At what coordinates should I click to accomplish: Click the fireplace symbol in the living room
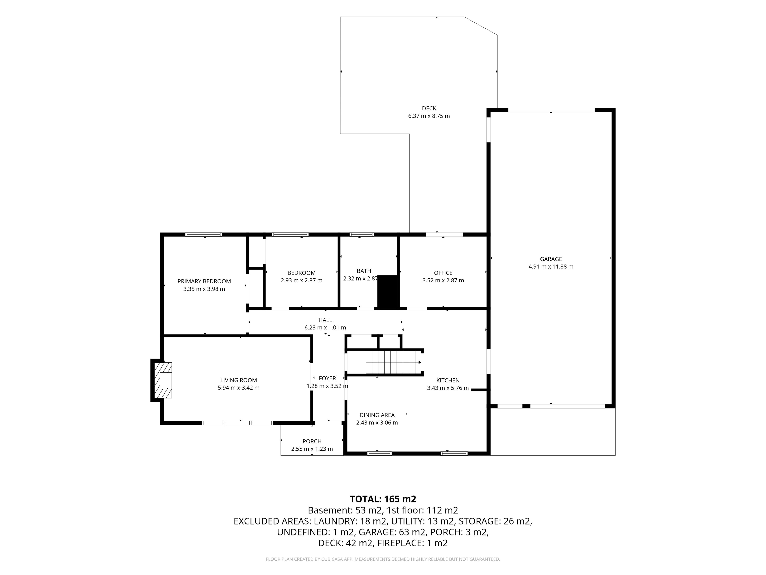[163, 380]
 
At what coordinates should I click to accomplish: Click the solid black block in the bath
[388, 291]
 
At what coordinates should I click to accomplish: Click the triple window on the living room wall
[238, 423]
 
